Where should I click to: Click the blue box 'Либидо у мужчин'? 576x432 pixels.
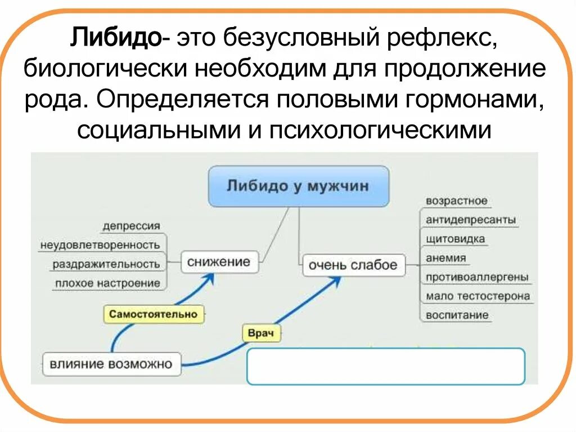coord(298,186)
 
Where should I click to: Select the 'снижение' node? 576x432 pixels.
coord(218,262)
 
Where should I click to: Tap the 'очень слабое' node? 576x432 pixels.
coord(353,265)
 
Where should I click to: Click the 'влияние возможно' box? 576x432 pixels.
coord(111,364)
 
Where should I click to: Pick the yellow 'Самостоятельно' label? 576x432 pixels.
coord(154,314)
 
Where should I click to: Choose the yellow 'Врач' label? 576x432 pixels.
coord(261,333)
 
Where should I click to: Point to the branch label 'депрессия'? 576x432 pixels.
coord(131,226)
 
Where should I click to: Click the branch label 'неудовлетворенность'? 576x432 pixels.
coord(100,245)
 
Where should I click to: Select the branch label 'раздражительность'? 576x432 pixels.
coord(106,264)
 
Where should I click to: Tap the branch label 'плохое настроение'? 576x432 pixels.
coord(107,283)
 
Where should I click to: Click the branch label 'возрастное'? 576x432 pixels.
coord(456,201)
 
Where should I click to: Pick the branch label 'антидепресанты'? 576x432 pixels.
coord(471,220)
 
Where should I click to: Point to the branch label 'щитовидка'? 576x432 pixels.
coord(455,239)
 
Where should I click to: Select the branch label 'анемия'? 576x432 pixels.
coord(446,258)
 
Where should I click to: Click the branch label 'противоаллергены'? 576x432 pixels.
coord(476,277)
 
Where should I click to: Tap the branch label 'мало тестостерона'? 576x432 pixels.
coord(478,296)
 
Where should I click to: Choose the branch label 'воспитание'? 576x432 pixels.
coord(457,315)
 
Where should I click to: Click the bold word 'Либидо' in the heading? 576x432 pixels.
coord(115,39)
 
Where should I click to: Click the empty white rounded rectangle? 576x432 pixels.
coord(385,366)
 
